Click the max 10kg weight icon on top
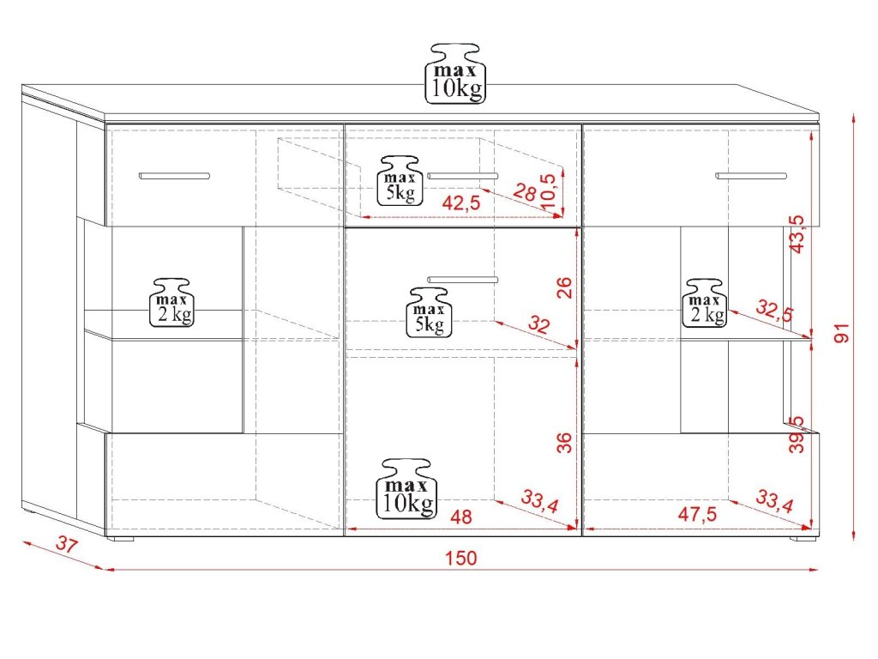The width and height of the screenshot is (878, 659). point(456,74)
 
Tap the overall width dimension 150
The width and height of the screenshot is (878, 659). point(460,558)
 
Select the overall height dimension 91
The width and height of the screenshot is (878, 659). point(842,333)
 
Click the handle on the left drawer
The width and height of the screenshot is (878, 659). point(174,176)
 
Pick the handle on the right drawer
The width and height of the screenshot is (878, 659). point(751,176)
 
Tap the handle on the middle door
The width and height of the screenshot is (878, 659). point(462,280)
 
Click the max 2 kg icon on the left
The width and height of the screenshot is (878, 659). point(171,303)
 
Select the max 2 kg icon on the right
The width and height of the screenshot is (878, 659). point(705,303)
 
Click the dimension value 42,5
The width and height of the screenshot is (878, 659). point(460,203)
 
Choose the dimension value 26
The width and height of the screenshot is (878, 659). point(564,287)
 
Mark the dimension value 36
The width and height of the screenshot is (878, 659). point(564,442)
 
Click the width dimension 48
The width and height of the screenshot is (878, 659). point(460,517)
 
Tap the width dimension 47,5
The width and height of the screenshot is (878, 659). point(697,514)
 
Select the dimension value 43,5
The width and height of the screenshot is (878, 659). point(796,233)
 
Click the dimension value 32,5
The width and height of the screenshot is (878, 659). point(774,310)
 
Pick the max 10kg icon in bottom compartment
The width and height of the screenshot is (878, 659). point(407,488)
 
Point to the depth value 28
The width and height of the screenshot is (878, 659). point(525,191)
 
